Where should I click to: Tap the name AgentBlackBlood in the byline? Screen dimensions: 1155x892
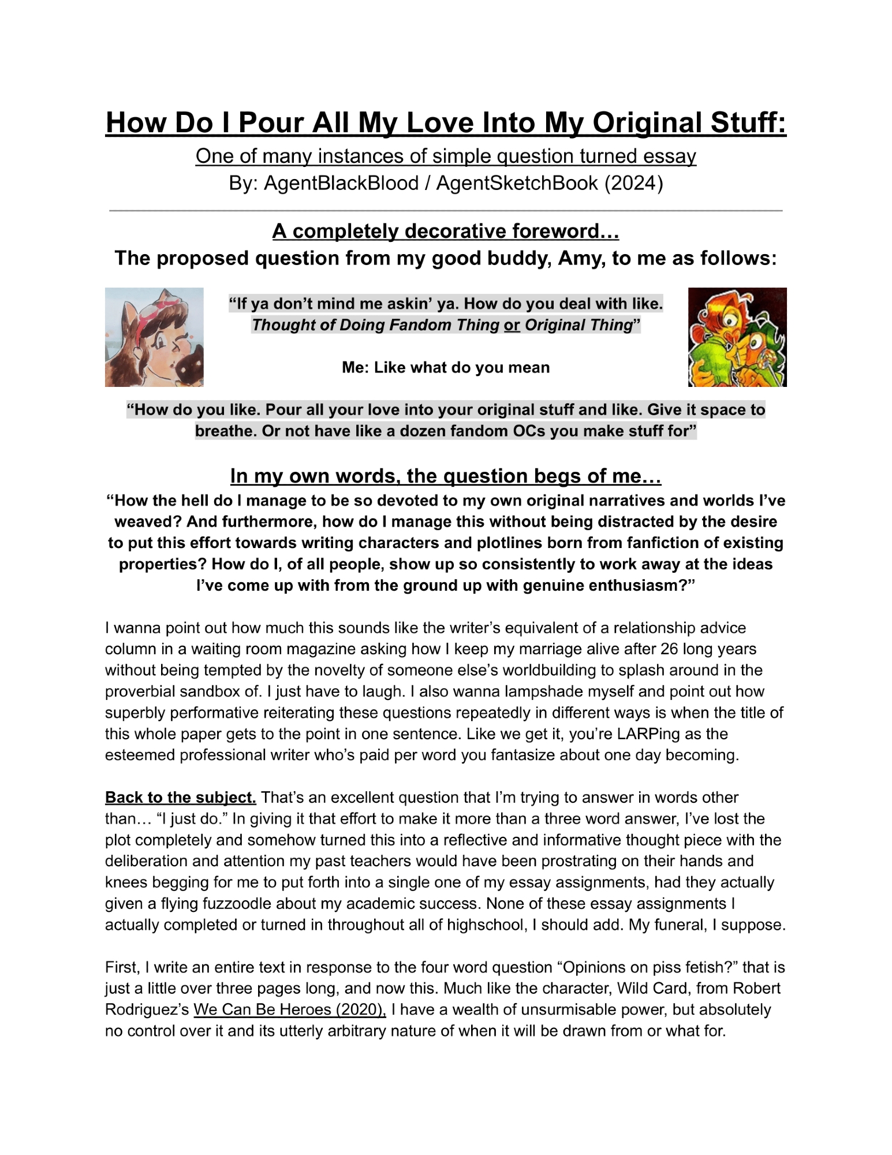(341, 183)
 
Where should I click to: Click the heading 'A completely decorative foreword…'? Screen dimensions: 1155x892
(446, 231)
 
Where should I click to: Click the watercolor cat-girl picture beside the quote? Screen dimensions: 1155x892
(154, 337)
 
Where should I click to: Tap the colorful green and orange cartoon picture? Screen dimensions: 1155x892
(737, 337)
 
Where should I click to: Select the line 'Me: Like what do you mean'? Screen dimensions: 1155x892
(446, 367)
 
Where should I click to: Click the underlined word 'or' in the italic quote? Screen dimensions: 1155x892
(512, 325)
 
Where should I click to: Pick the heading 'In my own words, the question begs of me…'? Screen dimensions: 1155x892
(446, 476)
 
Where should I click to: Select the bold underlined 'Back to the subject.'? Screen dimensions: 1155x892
(180, 798)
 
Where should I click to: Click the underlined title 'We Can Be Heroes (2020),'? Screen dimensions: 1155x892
(289, 1010)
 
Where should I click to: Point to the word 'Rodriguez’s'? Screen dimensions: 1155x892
(147, 1010)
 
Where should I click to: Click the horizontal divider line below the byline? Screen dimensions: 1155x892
(446, 211)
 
